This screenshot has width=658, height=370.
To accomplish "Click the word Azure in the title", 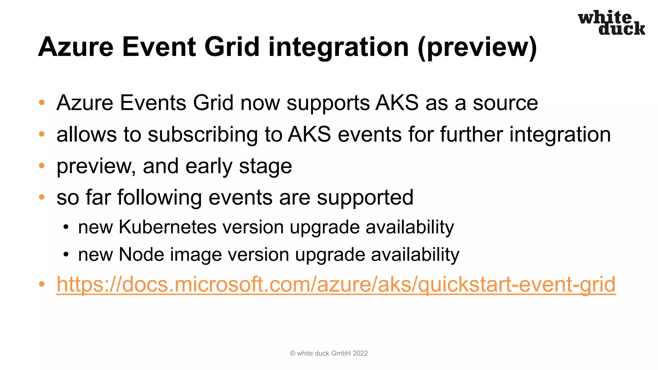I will click(76, 47).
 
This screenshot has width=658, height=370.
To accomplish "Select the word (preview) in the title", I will click(477, 48).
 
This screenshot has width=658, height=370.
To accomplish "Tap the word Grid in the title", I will click(232, 47).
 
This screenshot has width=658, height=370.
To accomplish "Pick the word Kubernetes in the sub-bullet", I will click(168, 227).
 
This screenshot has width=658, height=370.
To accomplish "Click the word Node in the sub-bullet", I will click(141, 254).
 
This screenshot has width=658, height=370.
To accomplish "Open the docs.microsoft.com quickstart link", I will click(336, 285).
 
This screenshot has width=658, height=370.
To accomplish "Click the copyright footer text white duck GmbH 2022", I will click(329, 353).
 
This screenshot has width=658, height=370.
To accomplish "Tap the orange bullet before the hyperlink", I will click(42, 284).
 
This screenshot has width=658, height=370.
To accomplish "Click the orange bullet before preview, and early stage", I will click(42, 166).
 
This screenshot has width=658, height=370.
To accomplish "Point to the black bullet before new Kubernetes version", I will click(66, 227).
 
